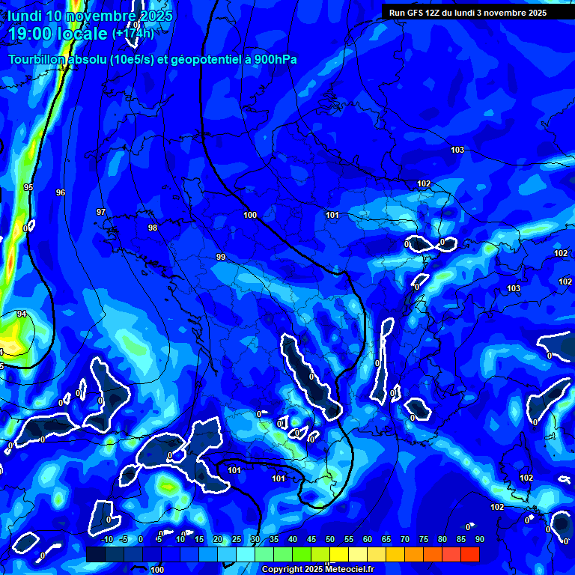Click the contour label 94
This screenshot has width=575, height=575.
tap(22, 314)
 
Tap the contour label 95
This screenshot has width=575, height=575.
tap(28, 187)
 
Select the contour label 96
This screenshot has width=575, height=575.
tap(61, 192)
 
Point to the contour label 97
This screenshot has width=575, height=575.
tap(101, 212)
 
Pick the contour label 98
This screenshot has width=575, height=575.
tap(153, 228)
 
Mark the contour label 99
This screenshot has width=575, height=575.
tap(221, 257)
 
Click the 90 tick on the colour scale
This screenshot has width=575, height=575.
tap(479, 539)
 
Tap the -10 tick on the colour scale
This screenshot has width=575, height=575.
tap(106, 539)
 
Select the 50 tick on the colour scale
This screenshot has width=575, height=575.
tap(330, 539)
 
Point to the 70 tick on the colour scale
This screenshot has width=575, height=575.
tap(405, 539)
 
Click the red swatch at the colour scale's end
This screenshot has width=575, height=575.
tap(470, 554)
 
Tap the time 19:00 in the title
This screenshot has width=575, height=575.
tap(32, 34)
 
